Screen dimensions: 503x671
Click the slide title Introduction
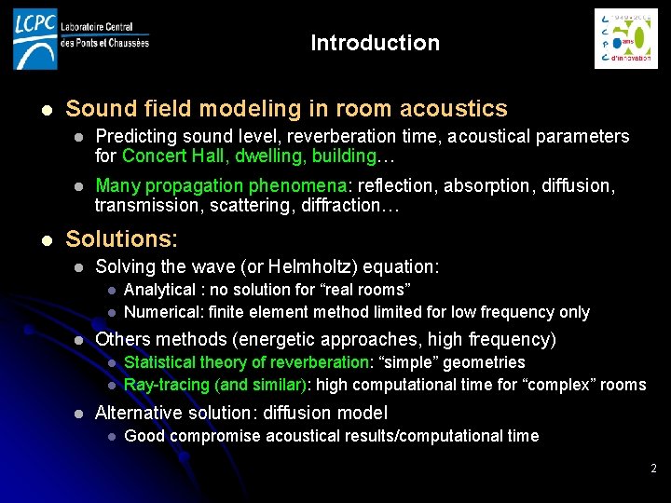pyautogui.click(x=375, y=43)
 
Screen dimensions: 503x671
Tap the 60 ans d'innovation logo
pyautogui.click(x=625, y=39)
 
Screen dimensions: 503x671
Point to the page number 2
pyautogui.click(x=654, y=467)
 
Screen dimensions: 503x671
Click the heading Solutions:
pyautogui.click(x=121, y=238)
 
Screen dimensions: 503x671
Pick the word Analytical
pyautogui.click(x=159, y=291)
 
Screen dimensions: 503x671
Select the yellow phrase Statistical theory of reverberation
pyautogui.click(x=247, y=362)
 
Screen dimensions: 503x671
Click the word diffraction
pyautogui.click(x=350, y=205)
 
